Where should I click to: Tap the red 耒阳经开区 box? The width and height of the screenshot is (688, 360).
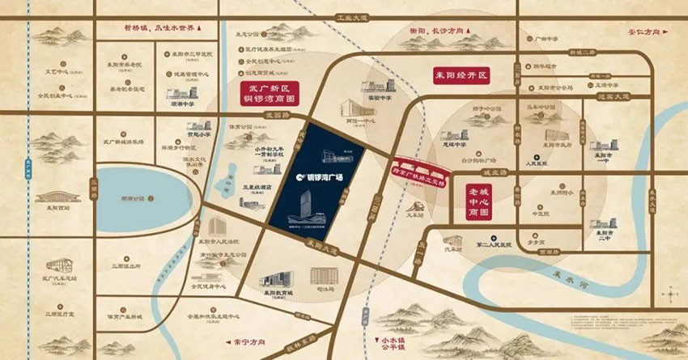tap(461, 74)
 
